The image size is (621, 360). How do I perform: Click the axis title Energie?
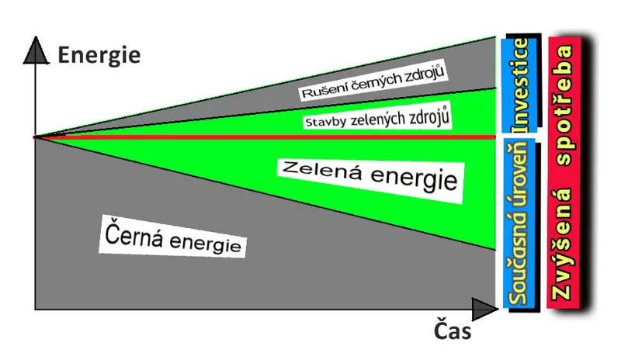[99, 55]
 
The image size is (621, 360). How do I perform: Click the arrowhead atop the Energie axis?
[36, 50]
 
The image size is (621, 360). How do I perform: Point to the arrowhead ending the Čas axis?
[484, 309]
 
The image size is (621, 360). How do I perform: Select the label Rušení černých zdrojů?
[373, 81]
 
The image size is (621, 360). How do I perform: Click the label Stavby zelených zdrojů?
[377, 118]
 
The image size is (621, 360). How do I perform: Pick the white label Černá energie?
[172, 237]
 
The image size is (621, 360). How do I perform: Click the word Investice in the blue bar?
[520, 85]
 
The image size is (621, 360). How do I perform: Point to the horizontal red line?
[265, 137]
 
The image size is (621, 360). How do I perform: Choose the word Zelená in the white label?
[322, 170]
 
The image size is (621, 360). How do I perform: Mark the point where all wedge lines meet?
[35, 137]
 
